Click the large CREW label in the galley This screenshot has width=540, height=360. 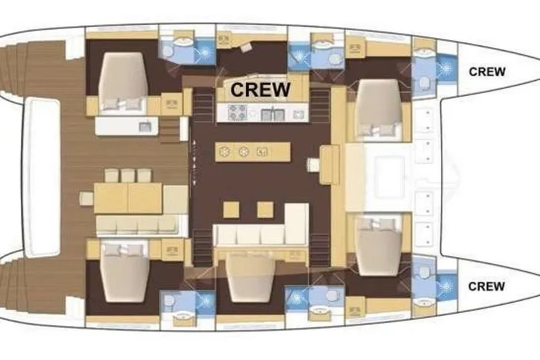pos(261,89)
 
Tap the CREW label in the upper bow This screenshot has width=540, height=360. pos(487,72)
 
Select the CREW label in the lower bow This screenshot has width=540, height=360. pos(486,286)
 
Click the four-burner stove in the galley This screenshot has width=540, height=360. pos(237,113)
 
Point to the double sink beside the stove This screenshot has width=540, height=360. pos(273,115)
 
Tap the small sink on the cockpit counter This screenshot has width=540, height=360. pos(145,127)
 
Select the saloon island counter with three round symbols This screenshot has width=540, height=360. pos(253,152)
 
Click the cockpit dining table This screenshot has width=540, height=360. pos(128,198)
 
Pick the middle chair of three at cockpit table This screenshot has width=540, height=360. pos(128,176)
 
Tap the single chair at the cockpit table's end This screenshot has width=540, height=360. pos(86,198)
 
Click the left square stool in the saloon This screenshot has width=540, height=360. pos(231,210)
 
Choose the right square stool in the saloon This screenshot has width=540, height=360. pos(265,210)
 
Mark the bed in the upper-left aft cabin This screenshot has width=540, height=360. pos(123,83)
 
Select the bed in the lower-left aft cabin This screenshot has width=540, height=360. pos(125,272)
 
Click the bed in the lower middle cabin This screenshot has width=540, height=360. pos(250,278)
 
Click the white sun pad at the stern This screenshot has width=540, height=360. pos(41,176)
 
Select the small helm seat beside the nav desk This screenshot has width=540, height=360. pos(314,165)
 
